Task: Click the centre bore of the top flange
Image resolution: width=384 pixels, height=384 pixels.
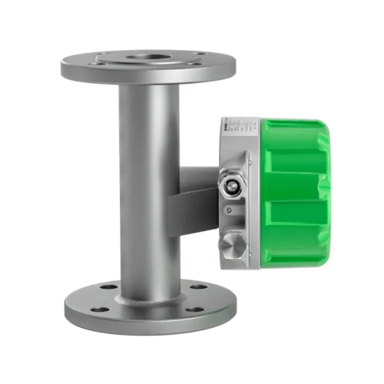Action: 148,57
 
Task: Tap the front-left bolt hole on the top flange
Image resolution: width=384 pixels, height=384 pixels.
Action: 100,66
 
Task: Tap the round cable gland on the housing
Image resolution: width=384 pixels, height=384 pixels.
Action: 230,185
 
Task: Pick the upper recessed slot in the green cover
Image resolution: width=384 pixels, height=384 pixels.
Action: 296,161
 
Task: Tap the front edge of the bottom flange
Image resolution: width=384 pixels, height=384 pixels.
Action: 150,326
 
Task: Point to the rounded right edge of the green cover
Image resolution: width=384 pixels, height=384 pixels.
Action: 328,192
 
